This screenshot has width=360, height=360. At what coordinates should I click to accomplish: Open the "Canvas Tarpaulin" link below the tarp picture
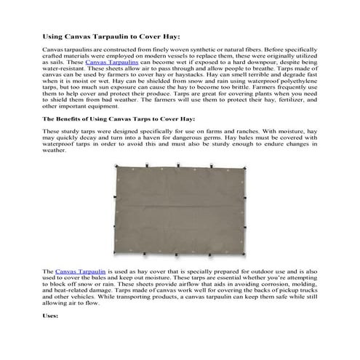click(x=76, y=271)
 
